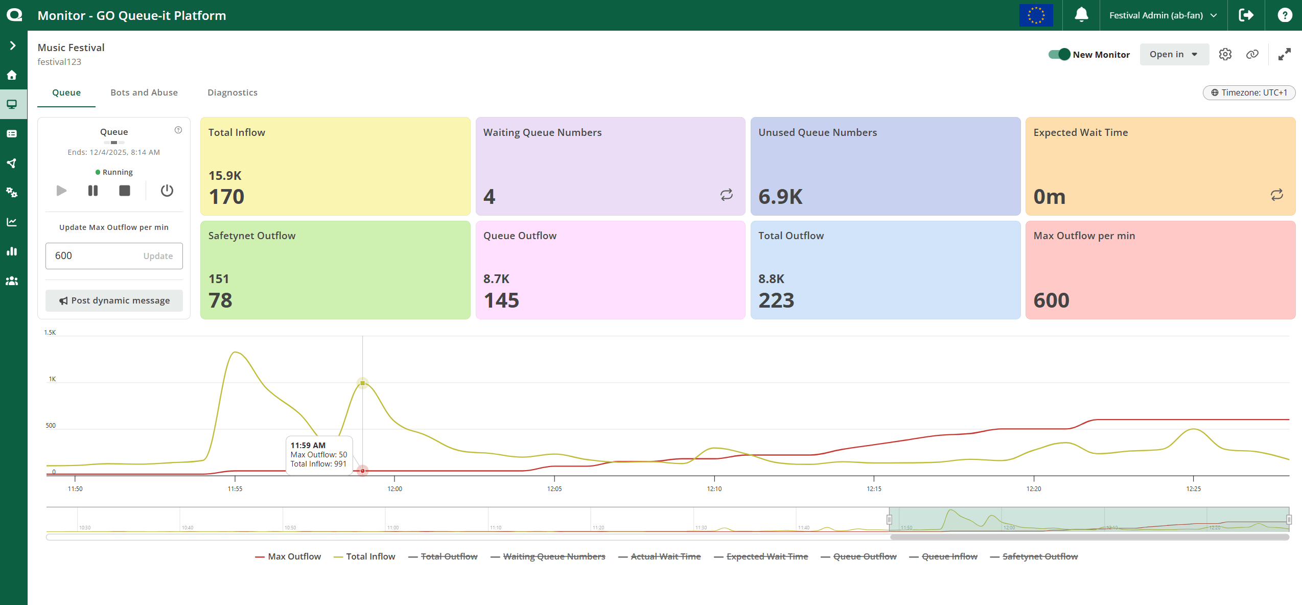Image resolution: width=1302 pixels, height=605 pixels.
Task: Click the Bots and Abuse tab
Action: [144, 92]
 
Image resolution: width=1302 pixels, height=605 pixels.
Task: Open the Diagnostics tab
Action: [232, 92]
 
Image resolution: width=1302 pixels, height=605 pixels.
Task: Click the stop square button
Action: [125, 191]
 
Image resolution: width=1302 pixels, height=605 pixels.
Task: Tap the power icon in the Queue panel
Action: [167, 191]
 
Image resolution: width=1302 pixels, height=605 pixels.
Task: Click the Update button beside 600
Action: [158, 256]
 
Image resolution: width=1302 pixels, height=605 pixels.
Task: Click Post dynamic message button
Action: [114, 300]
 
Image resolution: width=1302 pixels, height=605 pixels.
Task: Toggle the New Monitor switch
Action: [1059, 54]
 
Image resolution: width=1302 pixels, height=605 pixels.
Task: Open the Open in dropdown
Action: [1174, 54]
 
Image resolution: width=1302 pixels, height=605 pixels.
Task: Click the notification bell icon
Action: [1081, 15]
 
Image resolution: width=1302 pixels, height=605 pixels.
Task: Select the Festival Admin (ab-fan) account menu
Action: [1162, 15]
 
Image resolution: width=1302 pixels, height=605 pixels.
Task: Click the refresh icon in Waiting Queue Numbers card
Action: [726, 195]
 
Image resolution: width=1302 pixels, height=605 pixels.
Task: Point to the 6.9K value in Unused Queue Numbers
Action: [780, 197]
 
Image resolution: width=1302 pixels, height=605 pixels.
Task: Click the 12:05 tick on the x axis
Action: [554, 488]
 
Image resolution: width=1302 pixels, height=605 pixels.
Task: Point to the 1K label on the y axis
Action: [52, 379]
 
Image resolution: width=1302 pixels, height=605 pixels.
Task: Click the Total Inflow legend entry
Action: [364, 556]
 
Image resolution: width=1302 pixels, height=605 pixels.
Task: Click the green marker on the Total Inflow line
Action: [362, 383]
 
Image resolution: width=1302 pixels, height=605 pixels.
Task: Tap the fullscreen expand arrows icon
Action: [1284, 54]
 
